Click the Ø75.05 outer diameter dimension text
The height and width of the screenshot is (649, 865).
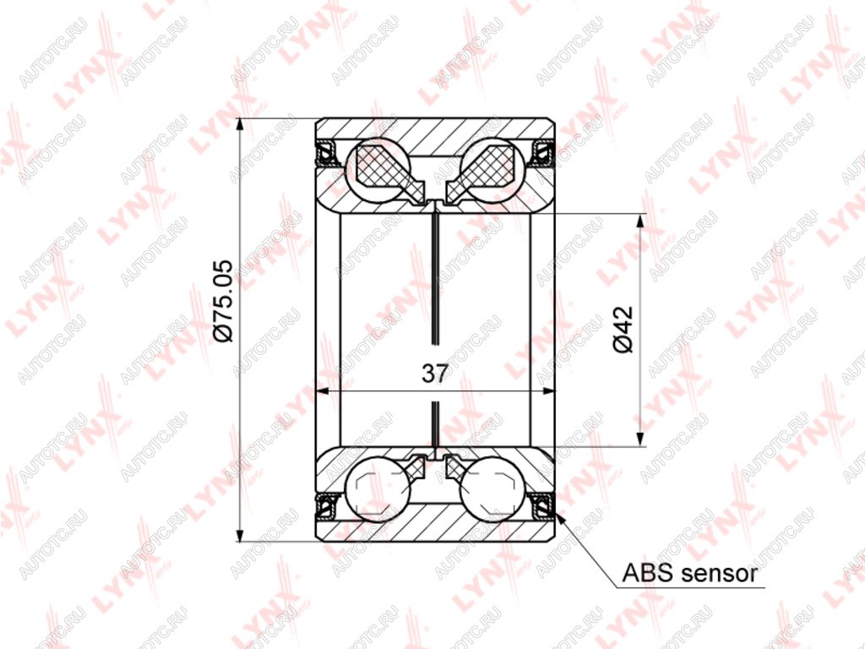tap(225, 301)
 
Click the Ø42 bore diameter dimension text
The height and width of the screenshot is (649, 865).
tap(623, 330)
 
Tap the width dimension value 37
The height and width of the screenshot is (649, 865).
tap(434, 374)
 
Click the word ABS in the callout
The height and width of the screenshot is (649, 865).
tap(648, 574)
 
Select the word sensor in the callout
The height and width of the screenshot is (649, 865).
tap(718, 574)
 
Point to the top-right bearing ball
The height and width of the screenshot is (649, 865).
tap(492, 169)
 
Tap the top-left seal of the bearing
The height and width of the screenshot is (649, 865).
tap(326, 152)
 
